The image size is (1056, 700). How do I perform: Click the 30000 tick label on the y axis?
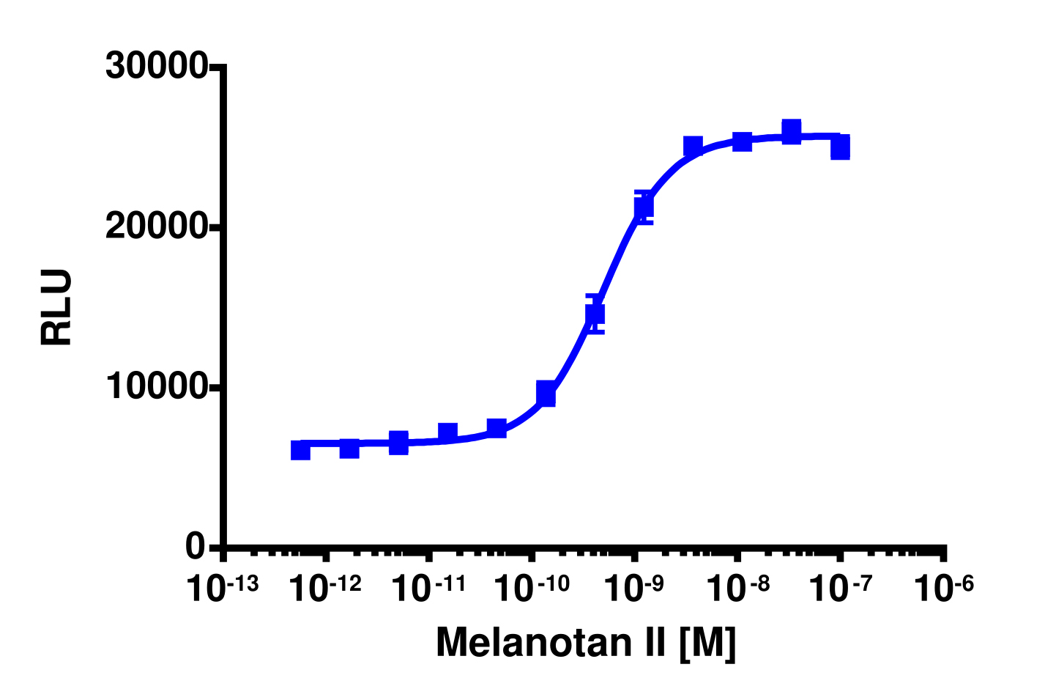[157, 66]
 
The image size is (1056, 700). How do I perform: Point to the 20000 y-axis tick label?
[157, 227]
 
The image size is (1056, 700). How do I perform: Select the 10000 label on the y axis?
[157, 388]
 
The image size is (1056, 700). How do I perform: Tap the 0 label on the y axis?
[195, 547]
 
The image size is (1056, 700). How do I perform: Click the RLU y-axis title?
[56, 307]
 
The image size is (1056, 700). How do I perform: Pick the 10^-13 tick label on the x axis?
[223, 588]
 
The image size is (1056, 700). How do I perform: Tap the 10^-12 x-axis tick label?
[325, 588]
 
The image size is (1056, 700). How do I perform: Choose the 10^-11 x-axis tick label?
[428, 588]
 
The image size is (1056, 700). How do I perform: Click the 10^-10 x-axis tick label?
[532, 588]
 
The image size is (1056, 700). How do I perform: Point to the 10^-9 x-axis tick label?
[634, 588]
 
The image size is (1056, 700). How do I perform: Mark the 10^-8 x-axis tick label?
[737, 588]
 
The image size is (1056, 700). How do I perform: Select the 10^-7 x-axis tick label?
[840, 588]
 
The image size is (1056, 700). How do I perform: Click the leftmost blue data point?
[300, 450]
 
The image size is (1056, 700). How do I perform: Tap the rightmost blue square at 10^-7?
[840, 147]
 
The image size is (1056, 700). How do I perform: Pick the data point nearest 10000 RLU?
[546, 394]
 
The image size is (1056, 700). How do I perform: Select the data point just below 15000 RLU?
[595, 314]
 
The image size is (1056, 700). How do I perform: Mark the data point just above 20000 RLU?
[644, 207]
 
